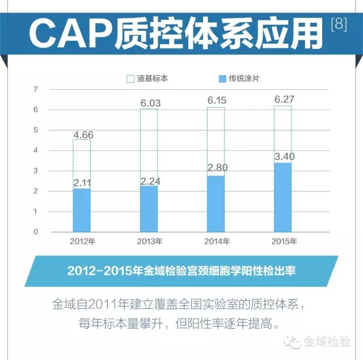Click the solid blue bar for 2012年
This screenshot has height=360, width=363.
pos(82,210)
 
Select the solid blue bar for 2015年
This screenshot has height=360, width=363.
pos(282,197)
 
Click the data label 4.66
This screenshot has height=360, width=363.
pos(82,135)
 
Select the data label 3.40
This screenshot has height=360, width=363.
pos(284,156)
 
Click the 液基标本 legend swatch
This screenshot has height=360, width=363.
pos(130,79)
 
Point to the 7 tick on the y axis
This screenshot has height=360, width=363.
pos(36,89)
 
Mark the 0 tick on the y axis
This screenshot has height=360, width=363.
pos(36,232)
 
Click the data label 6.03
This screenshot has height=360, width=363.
pos(149,103)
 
